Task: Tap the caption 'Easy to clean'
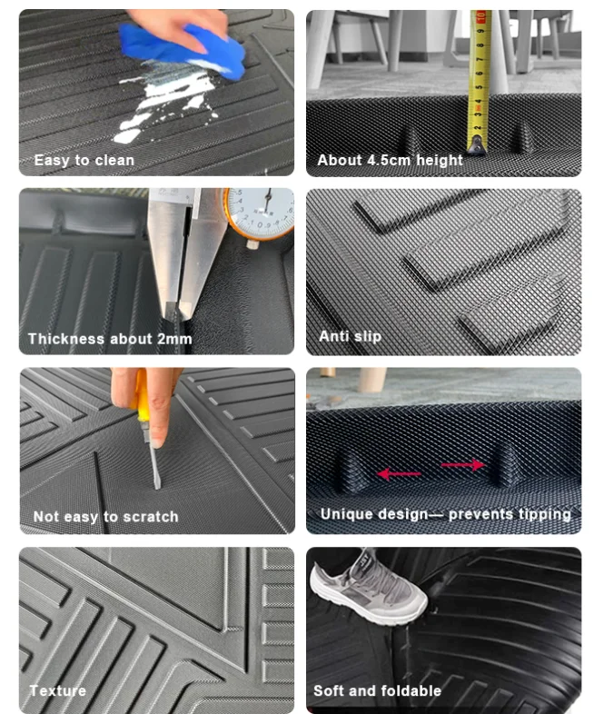pyautogui.click(x=84, y=160)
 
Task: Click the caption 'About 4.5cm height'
pyautogui.click(x=390, y=160)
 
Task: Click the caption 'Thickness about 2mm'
pyautogui.click(x=109, y=339)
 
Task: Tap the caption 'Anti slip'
pyautogui.click(x=350, y=336)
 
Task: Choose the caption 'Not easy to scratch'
pyautogui.click(x=105, y=516)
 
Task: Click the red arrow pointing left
pyautogui.click(x=399, y=473)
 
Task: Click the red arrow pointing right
pyautogui.click(x=463, y=465)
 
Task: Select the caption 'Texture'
pyautogui.click(x=57, y=690)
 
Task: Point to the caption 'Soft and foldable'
pyautogui.click(x=377, y=690)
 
